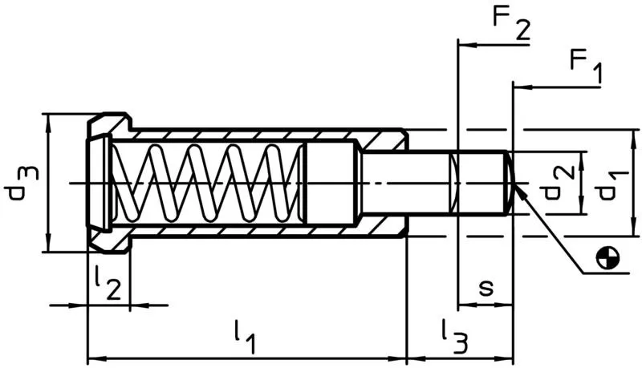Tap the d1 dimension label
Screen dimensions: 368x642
(x=610, y=183)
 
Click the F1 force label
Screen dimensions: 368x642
(x=583, y=64)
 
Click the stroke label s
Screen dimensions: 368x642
(x=486, y=287)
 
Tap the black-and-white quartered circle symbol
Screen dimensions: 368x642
(x=609, y=258)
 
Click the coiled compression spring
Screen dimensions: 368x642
(x=205, y=183)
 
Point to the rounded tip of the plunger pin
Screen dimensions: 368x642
(x=509, y=183)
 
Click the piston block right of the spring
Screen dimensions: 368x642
(x=329, y=183)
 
